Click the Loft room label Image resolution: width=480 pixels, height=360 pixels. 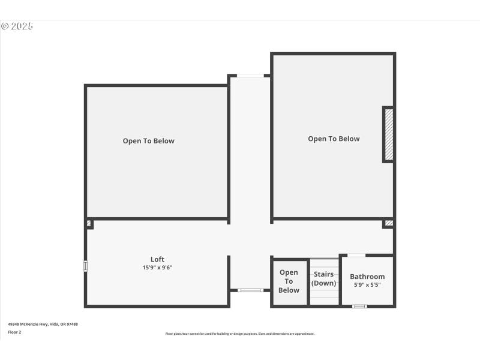click(x=157, y=259)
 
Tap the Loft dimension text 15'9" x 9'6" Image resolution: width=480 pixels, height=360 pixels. click(x=157, y=268)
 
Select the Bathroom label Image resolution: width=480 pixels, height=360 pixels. click(x=367, y=277)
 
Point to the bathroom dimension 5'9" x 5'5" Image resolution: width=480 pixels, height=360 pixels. click(x=367, y=284)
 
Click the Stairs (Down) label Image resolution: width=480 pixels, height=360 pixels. click(x=324, y=278)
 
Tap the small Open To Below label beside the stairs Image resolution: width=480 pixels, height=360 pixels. click(x=289, y=281)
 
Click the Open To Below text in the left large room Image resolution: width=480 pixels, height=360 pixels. click(x=149, y=141)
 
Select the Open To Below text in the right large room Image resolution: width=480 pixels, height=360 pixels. click(x=334, y=139)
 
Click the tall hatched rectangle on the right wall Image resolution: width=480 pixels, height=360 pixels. click(x=389, y=135)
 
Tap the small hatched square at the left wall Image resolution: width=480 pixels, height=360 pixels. click(x=89, y=224)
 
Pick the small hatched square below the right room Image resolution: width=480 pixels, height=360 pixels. click(x=389, y=223)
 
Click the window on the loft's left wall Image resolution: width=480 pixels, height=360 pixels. click(x=85, y=266)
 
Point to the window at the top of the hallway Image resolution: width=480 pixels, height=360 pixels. click(x=250, y=76)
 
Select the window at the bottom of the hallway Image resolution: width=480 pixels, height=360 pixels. click(x=250, y=290)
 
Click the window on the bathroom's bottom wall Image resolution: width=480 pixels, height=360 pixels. click(x=359, y=307)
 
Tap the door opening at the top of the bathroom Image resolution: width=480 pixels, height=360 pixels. click(x=356, y=256)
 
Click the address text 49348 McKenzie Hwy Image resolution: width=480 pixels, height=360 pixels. click(x=43, y=324)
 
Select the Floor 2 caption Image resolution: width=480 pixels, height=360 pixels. click(x=14, y=332)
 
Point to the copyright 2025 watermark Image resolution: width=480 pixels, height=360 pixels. click(x=17, y=26)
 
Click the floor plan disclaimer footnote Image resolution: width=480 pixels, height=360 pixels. click(x=240, y=334)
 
